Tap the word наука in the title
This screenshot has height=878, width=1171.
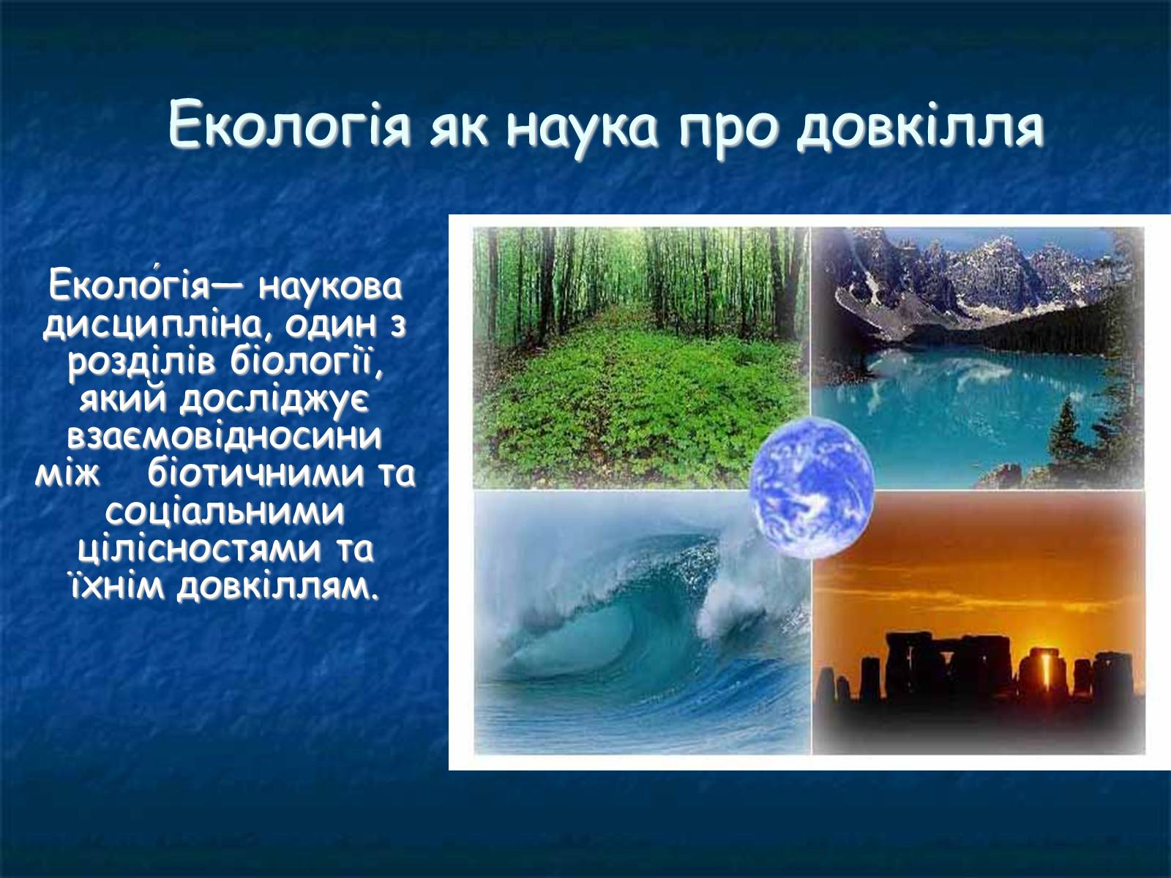(582, 129)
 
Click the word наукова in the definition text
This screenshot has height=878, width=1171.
(330, 287)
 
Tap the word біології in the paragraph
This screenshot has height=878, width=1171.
(307, 362)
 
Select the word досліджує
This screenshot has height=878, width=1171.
(274, 399)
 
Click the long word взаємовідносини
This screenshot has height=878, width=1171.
(225, 437)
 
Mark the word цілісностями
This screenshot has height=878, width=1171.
(200, 549)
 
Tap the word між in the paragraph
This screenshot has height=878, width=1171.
(67, 474)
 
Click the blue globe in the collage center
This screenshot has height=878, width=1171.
(811, 487)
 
